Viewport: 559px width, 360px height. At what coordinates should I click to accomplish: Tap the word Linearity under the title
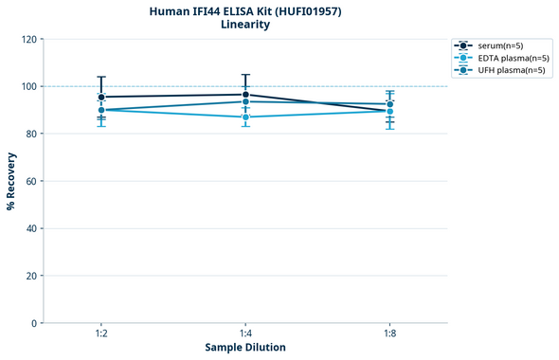pos(245,25)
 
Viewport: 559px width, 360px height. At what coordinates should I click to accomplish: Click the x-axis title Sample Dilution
pos(245,347)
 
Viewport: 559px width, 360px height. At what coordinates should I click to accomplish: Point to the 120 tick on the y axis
pos(29,39)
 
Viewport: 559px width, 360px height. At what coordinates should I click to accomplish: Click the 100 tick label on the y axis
pos(29,86)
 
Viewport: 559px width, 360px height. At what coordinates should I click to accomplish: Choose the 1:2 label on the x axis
pos(101,333)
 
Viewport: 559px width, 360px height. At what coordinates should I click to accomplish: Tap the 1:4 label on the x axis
pos(245,333)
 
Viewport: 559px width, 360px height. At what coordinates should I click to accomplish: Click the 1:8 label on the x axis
pos(389,333)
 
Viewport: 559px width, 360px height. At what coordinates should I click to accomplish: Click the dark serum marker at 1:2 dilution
pos(101,97)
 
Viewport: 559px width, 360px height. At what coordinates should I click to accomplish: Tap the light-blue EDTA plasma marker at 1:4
pos(245,117)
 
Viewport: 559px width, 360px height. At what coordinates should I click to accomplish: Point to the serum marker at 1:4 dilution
pos(245,95)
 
